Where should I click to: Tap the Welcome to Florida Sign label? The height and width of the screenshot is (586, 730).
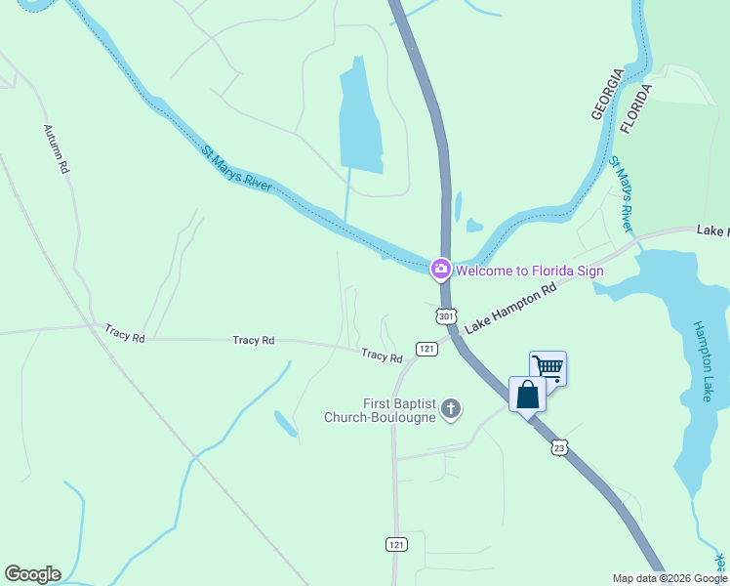click(529, 271)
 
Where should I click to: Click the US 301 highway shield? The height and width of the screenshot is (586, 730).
click(446, 316)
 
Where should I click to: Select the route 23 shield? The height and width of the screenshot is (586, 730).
click(558, 447)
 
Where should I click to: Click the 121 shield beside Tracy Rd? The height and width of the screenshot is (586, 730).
click(426, 349)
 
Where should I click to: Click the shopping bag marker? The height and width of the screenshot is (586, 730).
click(528, 396)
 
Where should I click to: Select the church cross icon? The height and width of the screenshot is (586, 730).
click(450, 408)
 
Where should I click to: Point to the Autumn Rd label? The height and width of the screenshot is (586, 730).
click(57, 148)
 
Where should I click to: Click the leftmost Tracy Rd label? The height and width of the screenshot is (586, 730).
click(125, 334)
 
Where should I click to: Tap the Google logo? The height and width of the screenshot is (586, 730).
click(32, 574)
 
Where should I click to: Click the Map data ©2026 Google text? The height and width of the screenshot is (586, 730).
click(669, 578)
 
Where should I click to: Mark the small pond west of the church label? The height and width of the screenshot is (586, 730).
click(285, 424)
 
